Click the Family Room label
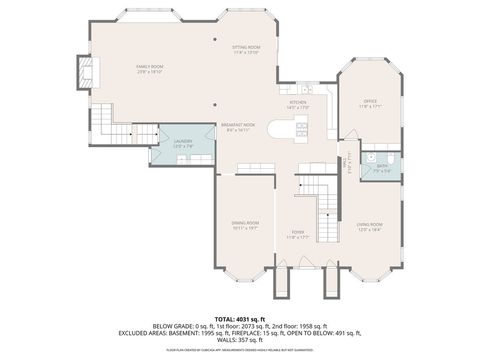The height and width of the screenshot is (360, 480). coord(149,69)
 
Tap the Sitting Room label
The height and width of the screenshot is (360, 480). coord(246,50)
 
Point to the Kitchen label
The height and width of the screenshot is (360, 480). coord(299,104)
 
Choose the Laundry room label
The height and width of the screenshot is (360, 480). coord(183,143)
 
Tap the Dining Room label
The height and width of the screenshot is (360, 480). coord(245,225)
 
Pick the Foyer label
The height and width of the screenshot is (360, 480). coord(298,235)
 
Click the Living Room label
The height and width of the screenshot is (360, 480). coord(369,228)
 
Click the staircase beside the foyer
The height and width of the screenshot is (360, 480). coord(322,205)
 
